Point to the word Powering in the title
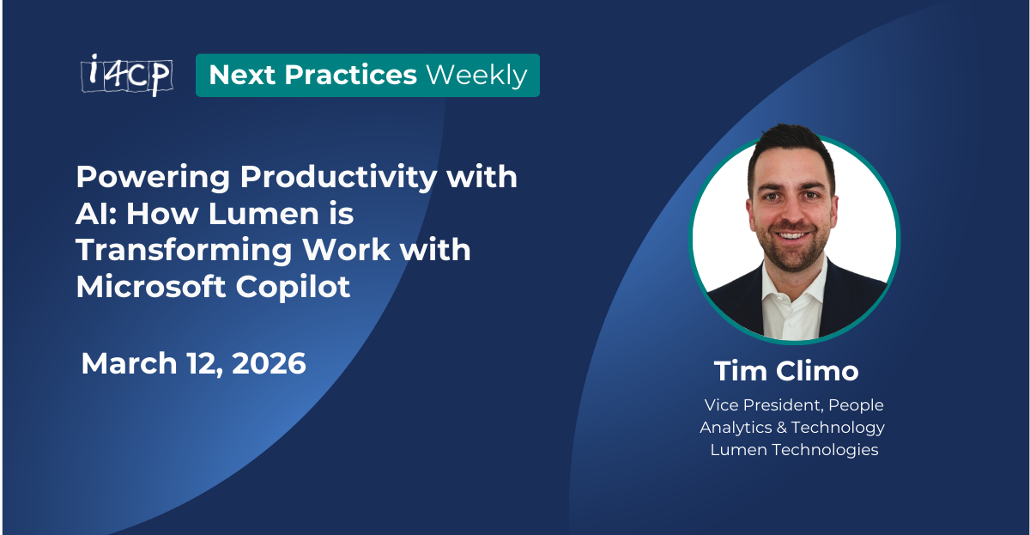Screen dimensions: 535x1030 click(153, 178)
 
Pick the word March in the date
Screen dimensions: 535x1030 click(130, 363)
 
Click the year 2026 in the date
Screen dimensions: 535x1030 click(266, 363)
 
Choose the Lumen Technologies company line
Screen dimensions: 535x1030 click(794, 450)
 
